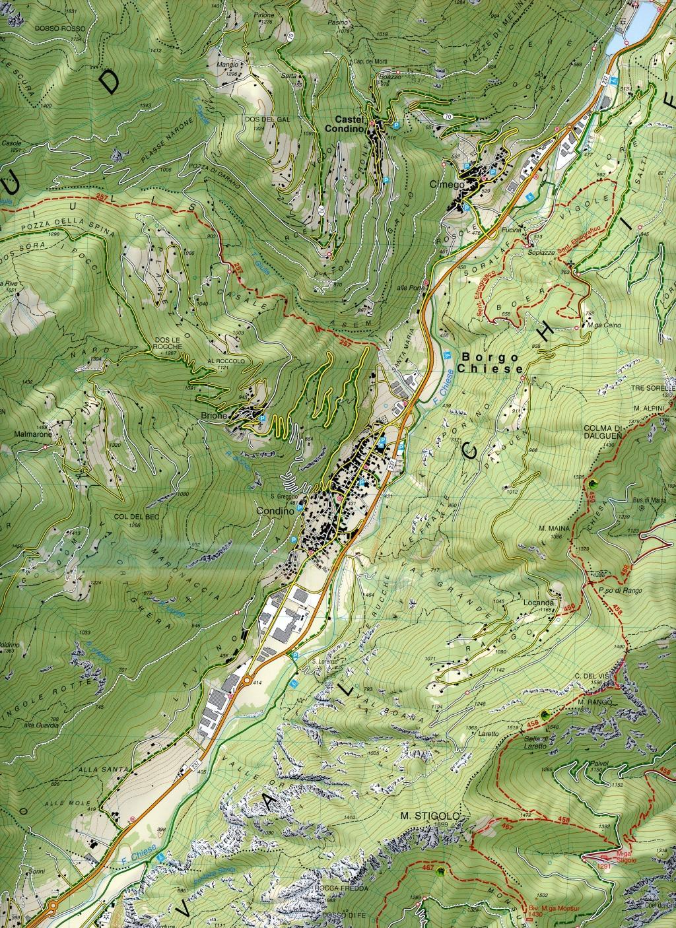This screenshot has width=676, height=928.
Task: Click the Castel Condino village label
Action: point(349,124)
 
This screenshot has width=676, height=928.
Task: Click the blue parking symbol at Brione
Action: point(263,418)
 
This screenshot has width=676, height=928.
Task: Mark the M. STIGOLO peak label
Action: point(423,816)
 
